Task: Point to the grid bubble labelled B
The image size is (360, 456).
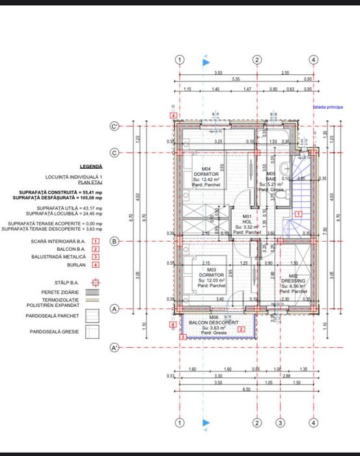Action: (x=115, y=241)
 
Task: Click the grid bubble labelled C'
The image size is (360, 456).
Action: (x=115, y=126)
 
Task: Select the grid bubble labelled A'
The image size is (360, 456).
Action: (x=115, y=348)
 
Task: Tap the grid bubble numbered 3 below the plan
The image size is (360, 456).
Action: (x=281, y=423)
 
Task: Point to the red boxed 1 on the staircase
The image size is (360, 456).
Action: (x=298, y=213)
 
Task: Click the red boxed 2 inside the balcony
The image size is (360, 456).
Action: (x=241, y=330)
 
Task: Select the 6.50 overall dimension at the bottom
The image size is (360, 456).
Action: (x=247, y=389)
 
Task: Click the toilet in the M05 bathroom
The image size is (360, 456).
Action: (x=279, y=193)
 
